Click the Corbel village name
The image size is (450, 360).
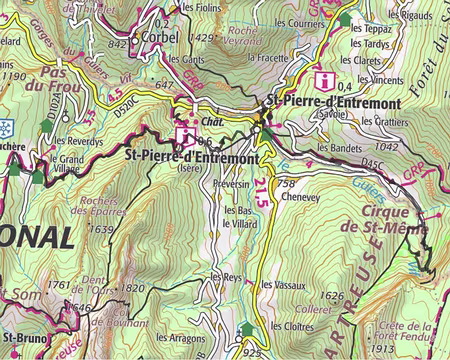pyautogui.click(x=158, y=36)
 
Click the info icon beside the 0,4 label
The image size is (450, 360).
pyautogui.click(x=323, y=80)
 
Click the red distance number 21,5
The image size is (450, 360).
pyautogui.click(x=261, y=182)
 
